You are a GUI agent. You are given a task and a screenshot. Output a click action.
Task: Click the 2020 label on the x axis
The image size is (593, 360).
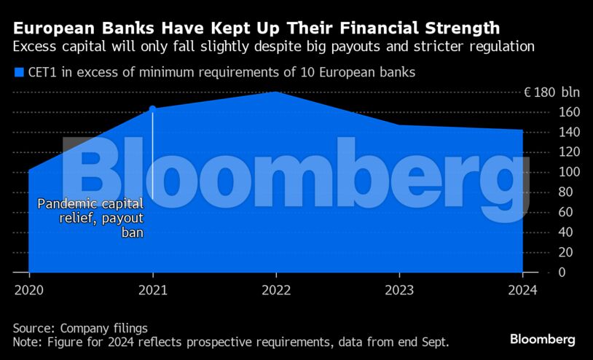[x=28, y=289]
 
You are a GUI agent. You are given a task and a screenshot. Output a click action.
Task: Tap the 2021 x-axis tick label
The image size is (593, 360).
[x=152, y=289]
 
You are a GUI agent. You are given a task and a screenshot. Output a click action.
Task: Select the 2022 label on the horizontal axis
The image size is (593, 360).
[x=276, y=289]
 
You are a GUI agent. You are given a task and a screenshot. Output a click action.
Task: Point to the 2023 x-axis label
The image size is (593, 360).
[x=399, y=289]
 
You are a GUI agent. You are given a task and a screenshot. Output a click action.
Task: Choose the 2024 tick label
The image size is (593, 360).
[x=522, y=289]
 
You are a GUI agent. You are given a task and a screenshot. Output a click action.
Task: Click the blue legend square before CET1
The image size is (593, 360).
[x=18, y=72]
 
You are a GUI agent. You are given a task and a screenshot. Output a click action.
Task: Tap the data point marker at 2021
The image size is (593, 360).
[x=152, y=109]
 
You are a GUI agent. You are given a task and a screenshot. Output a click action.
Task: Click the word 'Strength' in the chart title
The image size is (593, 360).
[x=460, y=28]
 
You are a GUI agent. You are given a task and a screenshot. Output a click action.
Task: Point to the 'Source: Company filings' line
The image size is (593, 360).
[x=80, y=329]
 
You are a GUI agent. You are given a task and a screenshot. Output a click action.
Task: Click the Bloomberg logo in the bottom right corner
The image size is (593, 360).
[x=542, y=340]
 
